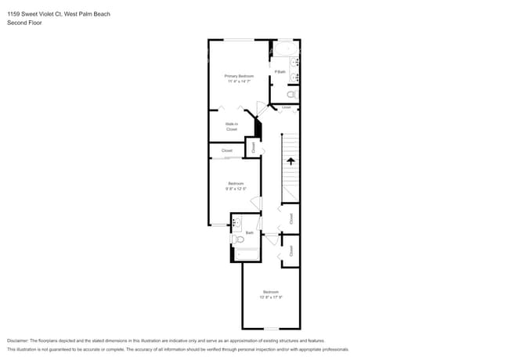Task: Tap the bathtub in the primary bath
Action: click(286, 49)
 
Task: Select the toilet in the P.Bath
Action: click(293, 94)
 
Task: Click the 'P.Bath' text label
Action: click(280, 72)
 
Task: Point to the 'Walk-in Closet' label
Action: click(232, 127)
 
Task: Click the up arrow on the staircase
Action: click(291, 161)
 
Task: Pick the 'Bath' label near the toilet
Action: click(250, 232)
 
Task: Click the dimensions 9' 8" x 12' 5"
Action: click(235, 189)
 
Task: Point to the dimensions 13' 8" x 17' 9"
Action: click(271, 297)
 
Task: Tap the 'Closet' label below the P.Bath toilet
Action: click(287, 107)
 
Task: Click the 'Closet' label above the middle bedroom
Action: click(227, 150)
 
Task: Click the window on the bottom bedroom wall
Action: click(270, 329)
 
